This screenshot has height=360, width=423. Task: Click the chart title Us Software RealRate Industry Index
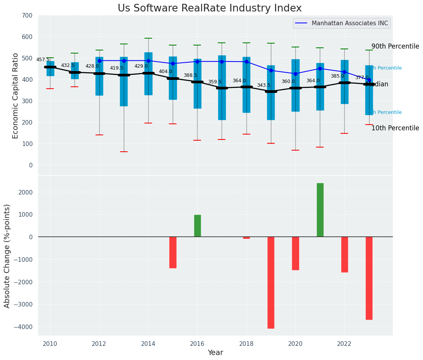point(209,8)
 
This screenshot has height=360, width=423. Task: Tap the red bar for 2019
point(271,282)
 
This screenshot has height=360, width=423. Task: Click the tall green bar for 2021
point(320,210)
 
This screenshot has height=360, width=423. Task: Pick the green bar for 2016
point(197,226)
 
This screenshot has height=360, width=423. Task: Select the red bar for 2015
point(173,252)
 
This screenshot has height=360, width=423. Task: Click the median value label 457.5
point(43,60)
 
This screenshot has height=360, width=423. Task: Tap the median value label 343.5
point(264,85)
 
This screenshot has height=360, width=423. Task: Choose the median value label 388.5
point(190,75)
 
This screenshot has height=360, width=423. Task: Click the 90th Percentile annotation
point(395,46)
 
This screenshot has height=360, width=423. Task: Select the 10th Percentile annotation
point(395,128)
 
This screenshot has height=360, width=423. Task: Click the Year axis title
point(215,353)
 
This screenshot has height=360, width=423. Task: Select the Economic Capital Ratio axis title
point(15,96)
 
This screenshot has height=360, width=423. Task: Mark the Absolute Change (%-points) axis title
point(7,256)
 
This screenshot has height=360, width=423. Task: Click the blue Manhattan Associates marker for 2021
point(320,69)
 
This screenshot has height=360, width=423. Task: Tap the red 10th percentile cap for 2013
point(124,152)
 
